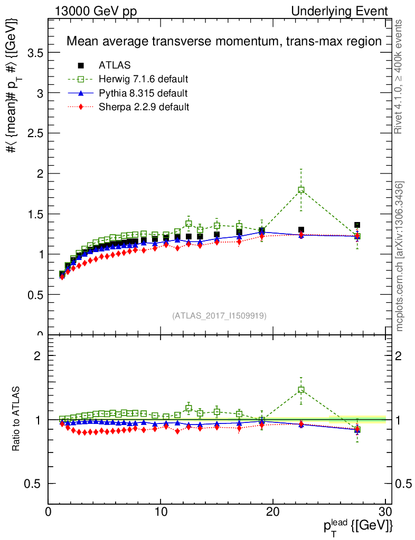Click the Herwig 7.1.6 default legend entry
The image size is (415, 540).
point(144,79)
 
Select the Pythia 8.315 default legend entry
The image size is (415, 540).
point(143,93)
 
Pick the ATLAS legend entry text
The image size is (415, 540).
point(115,65)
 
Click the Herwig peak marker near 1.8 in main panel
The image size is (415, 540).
point(301,190)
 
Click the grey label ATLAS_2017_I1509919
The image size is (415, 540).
point(219,315)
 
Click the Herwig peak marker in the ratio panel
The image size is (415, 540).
point(301,390)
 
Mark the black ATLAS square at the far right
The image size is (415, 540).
point(357,225)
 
